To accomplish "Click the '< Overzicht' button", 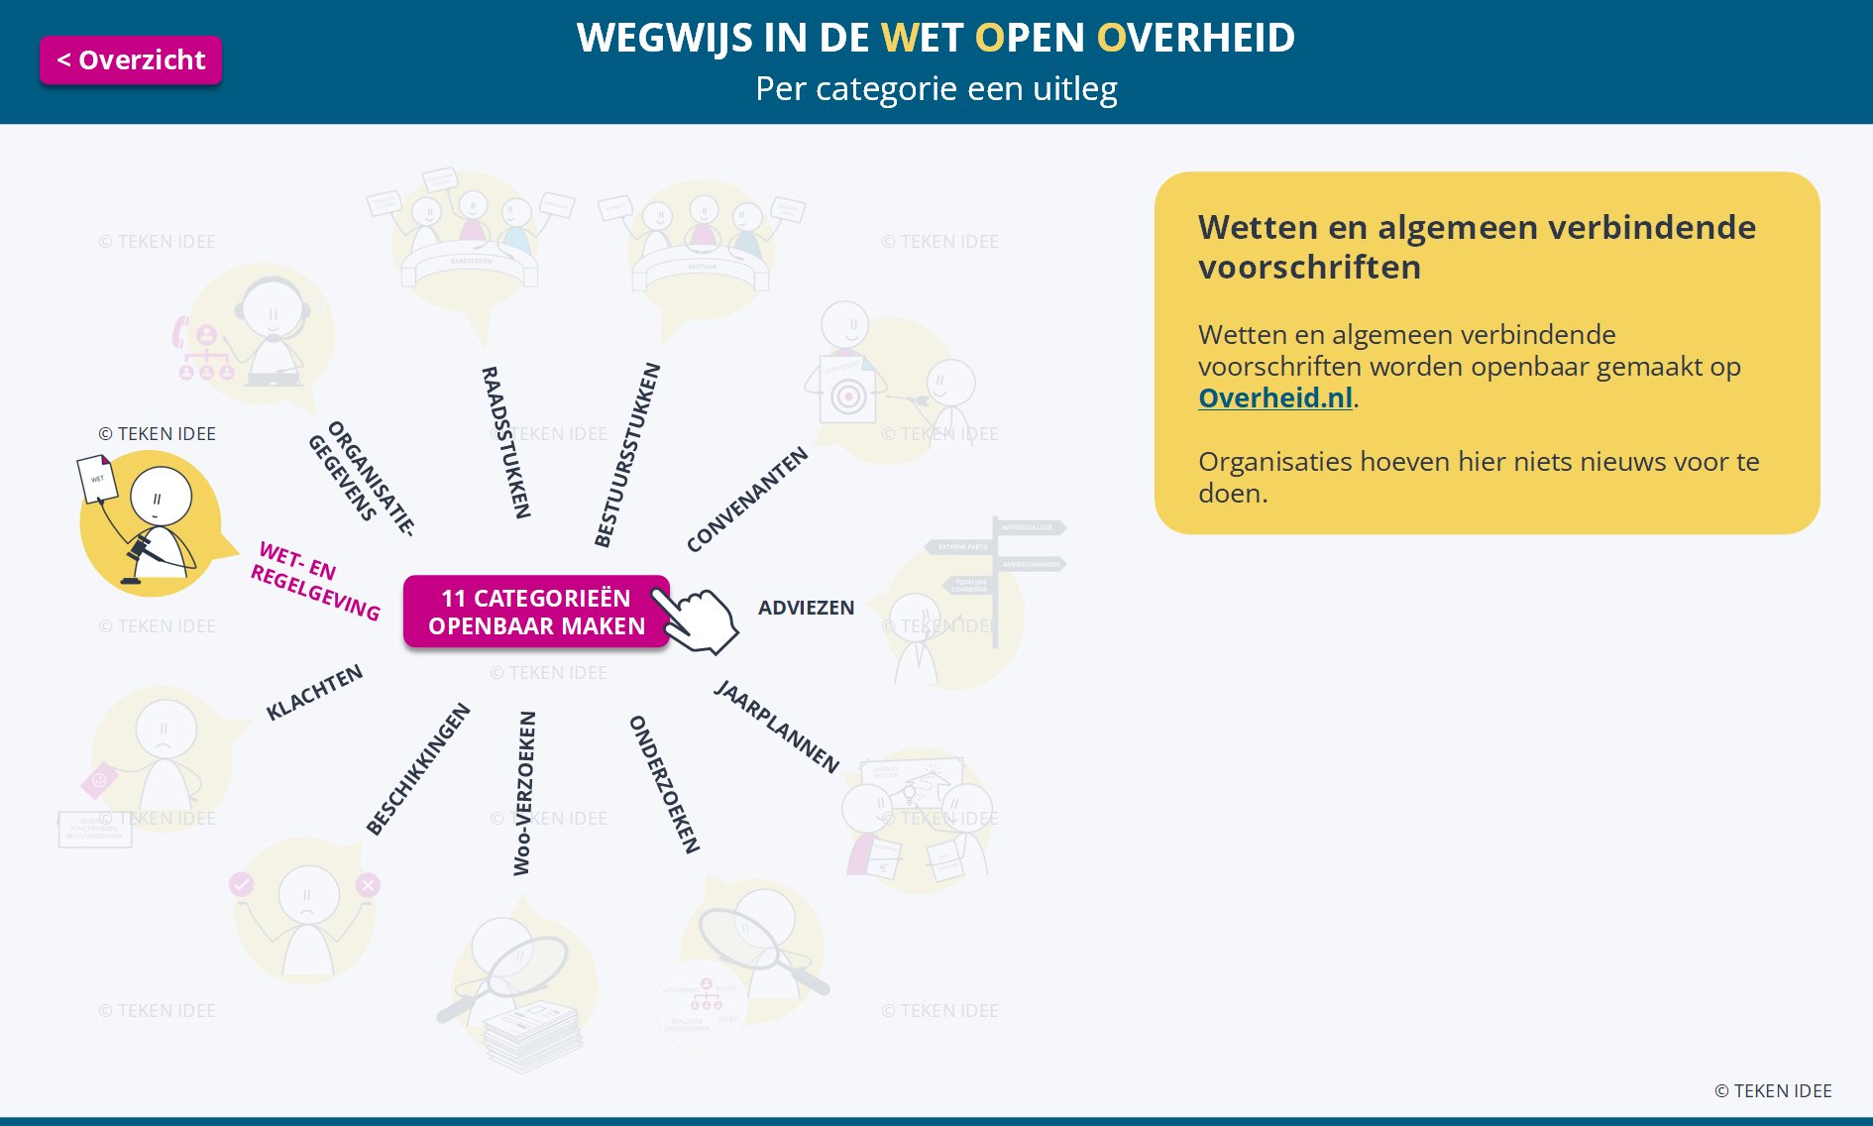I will pyautogui.click(x=131, y=60).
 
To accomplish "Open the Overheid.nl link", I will pyautogui.click(x=1274, y=398).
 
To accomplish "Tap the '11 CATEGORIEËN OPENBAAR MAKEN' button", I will pyautogui.click(x=536, y=612).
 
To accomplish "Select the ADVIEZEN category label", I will pyautogui.click(x=806, y=608).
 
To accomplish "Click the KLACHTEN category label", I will pyautogui.click(x=314, y=692).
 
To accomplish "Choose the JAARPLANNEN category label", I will pyautogui.click(x=776, y=727).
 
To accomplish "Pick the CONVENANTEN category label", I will pyautogui.click(x=747, y=500).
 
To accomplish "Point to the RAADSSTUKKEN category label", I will pyautogui.click(x=506, y=442).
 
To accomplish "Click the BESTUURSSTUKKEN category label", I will pyautogui.click(x=626, y=455).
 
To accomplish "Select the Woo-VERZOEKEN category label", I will pyautogui.click(x=523, y=793).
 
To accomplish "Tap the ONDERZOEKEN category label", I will pyautogui.click(x=665, y=784).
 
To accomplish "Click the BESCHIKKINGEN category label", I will pyautogui.click(x=417, y=769).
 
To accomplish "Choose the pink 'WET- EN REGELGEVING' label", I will pyautogui.click(x=314, y=580).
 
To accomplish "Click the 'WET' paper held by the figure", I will pyautogui.click(x=97, y=479).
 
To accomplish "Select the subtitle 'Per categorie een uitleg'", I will pyautogui.click(x=936, y=89).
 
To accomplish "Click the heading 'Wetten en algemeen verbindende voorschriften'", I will pyautogui.click(x=1477, y=247).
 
